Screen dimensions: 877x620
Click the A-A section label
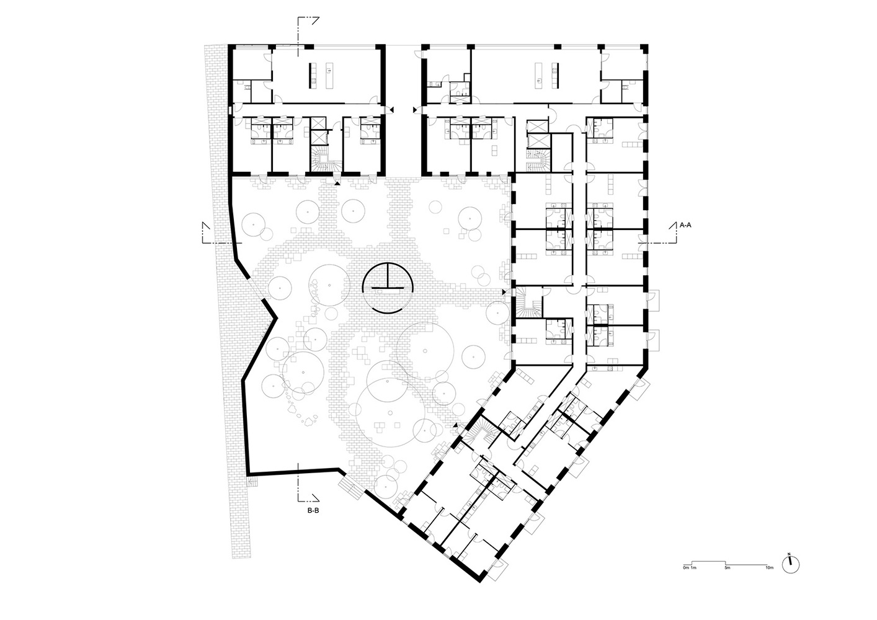click(x=685, y=226)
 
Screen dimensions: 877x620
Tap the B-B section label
click(x=313, y=511)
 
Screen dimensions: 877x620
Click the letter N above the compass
click(x=789, y=554)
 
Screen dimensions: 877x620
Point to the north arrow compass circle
click(x=790, y=565)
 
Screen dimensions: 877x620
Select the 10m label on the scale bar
click(x=769, y=568)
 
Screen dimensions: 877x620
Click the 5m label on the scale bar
click(x=727, y=568)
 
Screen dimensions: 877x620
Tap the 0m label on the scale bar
click(x=685, y=568)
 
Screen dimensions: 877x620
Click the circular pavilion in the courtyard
click(x=388, y=288)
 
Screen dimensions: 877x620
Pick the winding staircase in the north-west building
click(x=324, y=160)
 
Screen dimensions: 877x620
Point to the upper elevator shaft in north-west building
click(x=318, y=123)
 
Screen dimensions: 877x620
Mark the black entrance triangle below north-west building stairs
click(x=337, y=183)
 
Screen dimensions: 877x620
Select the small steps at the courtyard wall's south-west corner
click(x=252, y=480)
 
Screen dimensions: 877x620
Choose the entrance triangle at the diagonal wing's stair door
click(x=455, y=425)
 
